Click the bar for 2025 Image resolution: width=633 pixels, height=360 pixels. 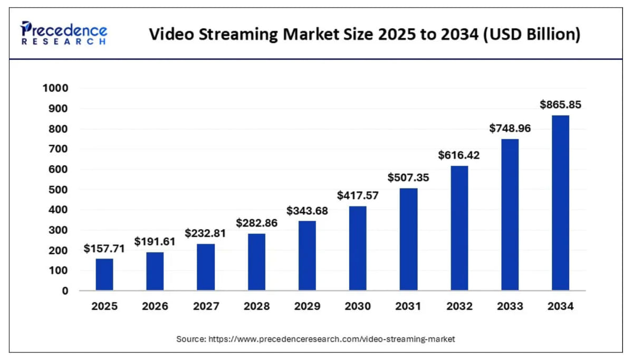104,274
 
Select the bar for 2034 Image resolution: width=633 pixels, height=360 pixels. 560,203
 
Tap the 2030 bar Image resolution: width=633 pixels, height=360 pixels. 358,248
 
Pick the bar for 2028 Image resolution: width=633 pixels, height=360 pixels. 256,262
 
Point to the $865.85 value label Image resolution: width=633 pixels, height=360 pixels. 560,105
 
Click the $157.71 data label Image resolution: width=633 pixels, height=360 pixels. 104,249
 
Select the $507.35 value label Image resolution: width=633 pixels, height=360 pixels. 408,177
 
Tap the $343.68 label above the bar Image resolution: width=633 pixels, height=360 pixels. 307,211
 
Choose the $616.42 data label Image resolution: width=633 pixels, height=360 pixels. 459,155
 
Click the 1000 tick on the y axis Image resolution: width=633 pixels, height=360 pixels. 55,88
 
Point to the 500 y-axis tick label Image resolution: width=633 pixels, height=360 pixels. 58,190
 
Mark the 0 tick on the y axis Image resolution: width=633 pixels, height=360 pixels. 65,291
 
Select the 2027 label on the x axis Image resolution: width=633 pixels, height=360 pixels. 206,306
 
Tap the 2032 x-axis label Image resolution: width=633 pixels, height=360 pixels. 459,306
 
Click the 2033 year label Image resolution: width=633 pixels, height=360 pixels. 510,306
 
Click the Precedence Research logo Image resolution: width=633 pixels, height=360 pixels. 64,33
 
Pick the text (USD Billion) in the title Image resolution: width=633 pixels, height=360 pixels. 531,34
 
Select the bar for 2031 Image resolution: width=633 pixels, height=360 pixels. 408,239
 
